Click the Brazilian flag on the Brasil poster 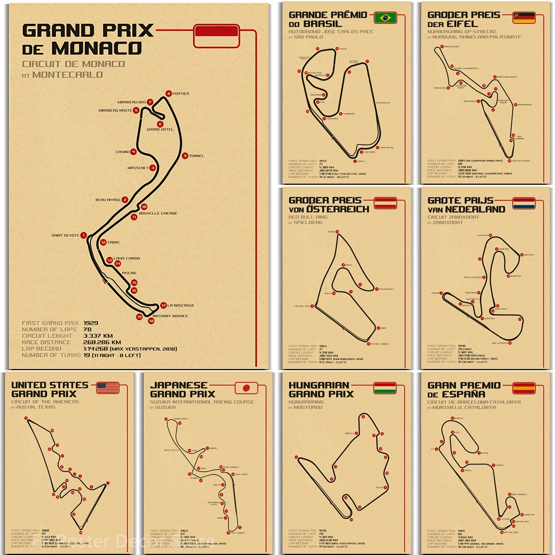pos(385,18)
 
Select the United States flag pos(108,387)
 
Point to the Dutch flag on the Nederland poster pos(523,203)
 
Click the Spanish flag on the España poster pos(523,387)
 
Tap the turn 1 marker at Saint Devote pos(83,235)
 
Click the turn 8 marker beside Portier pos(168,93)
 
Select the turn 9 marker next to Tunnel pos(185,156)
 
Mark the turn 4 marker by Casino pos(134,152)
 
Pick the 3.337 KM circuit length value pos(98,336)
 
